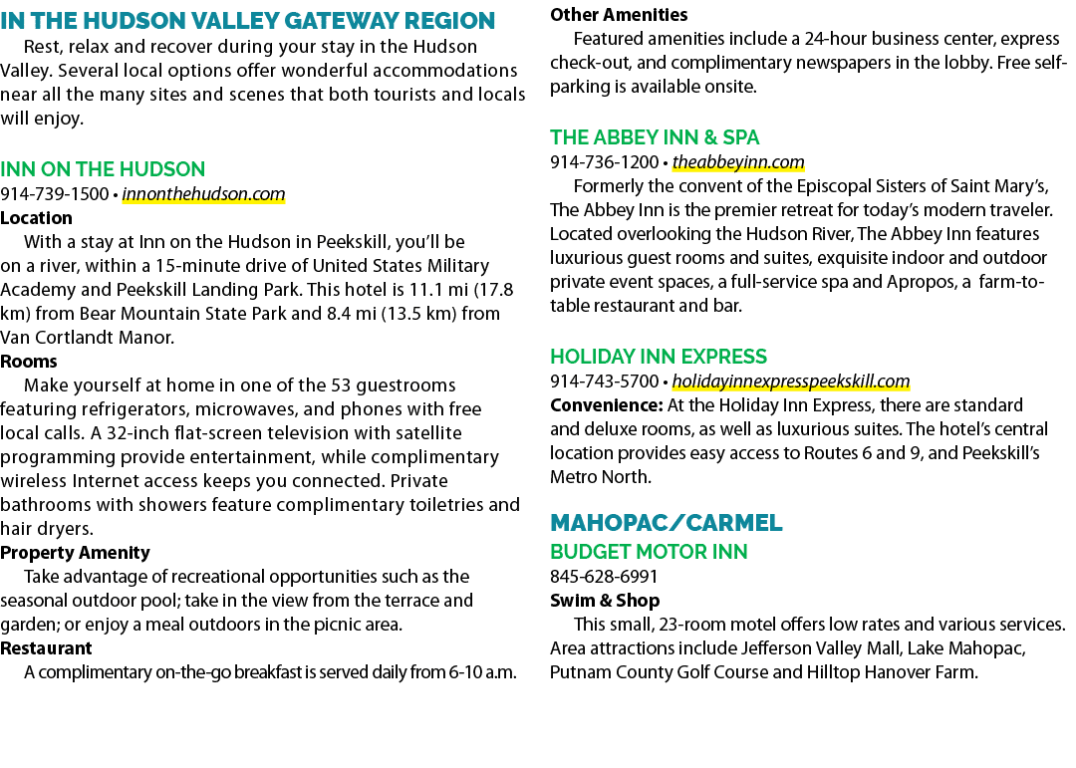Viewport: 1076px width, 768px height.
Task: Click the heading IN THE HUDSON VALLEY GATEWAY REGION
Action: click(x=247, y=21)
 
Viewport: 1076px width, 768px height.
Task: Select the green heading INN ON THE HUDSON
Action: click(x=103, y=168)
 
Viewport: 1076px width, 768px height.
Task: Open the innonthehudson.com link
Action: click(x=203, y=194)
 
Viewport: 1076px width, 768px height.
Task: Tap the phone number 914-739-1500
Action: click(x=54, y=194)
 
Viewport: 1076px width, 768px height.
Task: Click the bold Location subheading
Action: click(x=36, y=218)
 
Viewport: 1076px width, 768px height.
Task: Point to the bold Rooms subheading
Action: click(x=28, y=362)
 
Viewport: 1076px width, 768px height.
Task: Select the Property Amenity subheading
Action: click(x=75, y=553)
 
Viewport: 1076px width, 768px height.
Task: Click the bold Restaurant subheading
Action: click(x=46, y=648)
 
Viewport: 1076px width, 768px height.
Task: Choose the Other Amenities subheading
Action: click(x=619, y=14)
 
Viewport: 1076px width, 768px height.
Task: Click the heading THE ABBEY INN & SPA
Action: click(x=655, y=137)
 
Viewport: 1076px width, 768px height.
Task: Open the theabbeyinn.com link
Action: click(x=738, y=162)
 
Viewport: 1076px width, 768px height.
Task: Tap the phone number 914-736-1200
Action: click(x=604, y=162)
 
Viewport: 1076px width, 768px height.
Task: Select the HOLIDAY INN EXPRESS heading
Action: click(x=659, y=357)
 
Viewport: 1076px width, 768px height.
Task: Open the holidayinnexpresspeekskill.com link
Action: click(x=790, y=382)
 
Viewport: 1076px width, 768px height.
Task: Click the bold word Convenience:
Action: click(x=607, y=405)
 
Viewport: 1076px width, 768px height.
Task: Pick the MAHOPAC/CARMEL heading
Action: click(x=666, y=523)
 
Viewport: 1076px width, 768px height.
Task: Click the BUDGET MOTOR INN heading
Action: click(x=649, y=552)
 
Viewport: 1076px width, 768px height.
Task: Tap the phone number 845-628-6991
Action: click(x=604, y=577)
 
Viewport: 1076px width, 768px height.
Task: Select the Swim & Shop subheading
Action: click(x=605, y=601)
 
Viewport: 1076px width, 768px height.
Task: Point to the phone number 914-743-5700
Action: click(x=604, y=382)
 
